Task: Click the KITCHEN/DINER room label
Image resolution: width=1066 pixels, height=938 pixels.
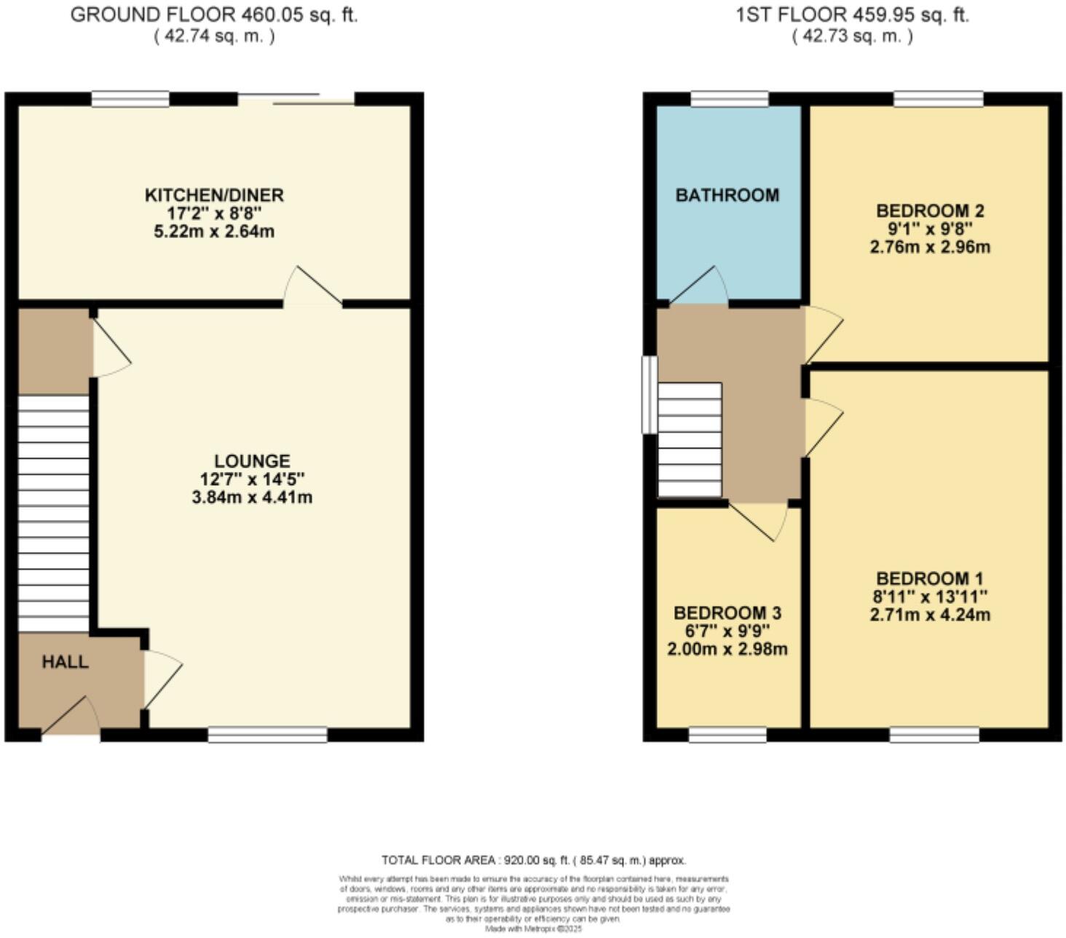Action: (x=214, y=195)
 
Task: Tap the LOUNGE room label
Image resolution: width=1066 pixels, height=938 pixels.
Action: (x=252, y=461)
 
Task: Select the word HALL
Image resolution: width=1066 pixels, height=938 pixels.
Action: (x=65, y=662)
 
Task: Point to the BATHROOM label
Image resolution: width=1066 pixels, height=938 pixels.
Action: (x=727, y=195)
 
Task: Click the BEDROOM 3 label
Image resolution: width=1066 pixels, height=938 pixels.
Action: (x=727, y=613)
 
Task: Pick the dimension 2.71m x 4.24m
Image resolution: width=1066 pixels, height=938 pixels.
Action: (x=930, y=615)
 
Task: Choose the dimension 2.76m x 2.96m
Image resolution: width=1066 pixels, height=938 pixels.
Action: (x=930, y=247)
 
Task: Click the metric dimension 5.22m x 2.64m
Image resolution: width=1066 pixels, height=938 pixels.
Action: (x=214, y=232)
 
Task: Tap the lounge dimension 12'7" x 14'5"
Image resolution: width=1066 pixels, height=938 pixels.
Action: (x=252, y=479)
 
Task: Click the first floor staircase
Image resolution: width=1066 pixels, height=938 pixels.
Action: (x=689, y=440)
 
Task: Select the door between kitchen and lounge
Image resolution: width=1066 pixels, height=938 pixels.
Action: (x=312, y=288)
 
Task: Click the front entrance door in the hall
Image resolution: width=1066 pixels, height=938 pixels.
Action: (x=71, y=718)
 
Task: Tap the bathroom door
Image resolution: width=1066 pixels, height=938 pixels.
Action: (x=699, y=286)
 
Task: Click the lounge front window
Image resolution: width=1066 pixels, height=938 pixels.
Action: (x=267, y=735)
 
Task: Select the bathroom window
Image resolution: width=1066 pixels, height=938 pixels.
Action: (x=729, y=98)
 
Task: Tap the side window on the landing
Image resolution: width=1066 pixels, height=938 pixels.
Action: (x=649, y=394)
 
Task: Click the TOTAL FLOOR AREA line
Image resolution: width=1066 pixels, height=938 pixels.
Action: (x=534, y=860)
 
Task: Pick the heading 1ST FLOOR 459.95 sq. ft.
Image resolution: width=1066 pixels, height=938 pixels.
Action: (x=852, y=15)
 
